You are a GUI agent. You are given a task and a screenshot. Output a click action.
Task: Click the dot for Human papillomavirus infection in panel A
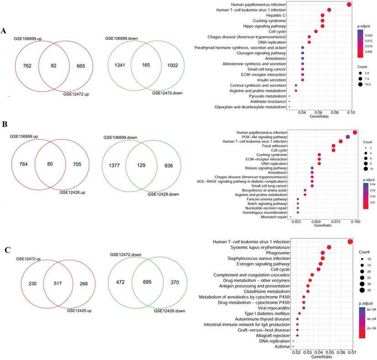point(349,5)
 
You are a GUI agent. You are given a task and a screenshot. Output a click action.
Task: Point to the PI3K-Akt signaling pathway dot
point(348,137)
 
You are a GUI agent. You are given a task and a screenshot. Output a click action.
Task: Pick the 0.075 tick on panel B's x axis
point(335,221)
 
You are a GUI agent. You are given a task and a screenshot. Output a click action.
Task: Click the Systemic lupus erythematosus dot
point(329,247)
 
